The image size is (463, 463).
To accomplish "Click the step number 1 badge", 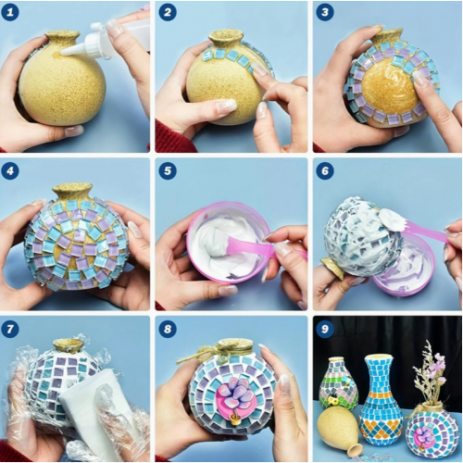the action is coord(10,12).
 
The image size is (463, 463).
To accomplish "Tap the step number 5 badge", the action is coord(168,170).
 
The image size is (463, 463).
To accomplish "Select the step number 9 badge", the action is coord(325,329).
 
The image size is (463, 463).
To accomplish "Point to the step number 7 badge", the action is coord(10,329).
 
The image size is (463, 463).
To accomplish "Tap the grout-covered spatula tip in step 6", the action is coord(392,218).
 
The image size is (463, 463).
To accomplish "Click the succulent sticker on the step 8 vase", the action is coord(236,401).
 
